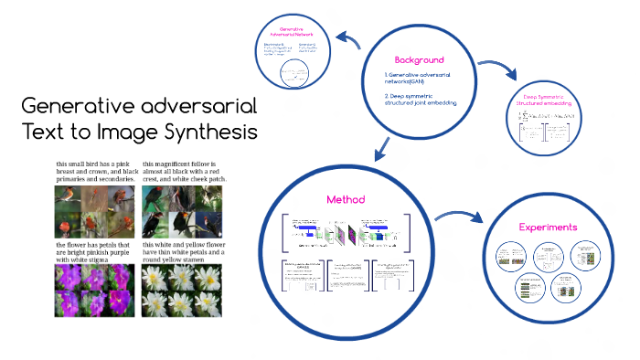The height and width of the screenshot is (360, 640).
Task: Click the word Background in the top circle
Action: (419, 58)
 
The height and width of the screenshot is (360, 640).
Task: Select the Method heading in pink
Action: (346, 199)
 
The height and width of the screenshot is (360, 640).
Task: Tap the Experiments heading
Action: (548, 227)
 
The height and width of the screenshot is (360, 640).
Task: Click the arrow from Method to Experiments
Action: (457, 217)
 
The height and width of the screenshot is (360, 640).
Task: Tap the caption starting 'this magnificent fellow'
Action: (184, 172)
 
